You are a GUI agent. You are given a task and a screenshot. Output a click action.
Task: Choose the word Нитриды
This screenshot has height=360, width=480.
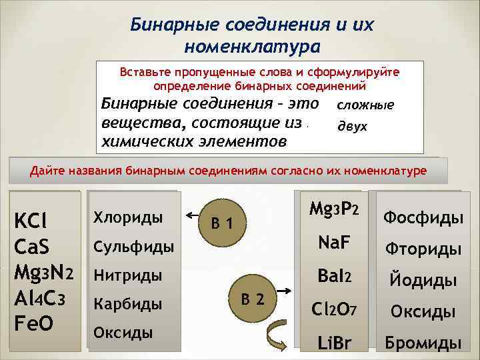point(127,275)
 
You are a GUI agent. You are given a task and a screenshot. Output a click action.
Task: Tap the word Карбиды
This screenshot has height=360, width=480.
point(127,304)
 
